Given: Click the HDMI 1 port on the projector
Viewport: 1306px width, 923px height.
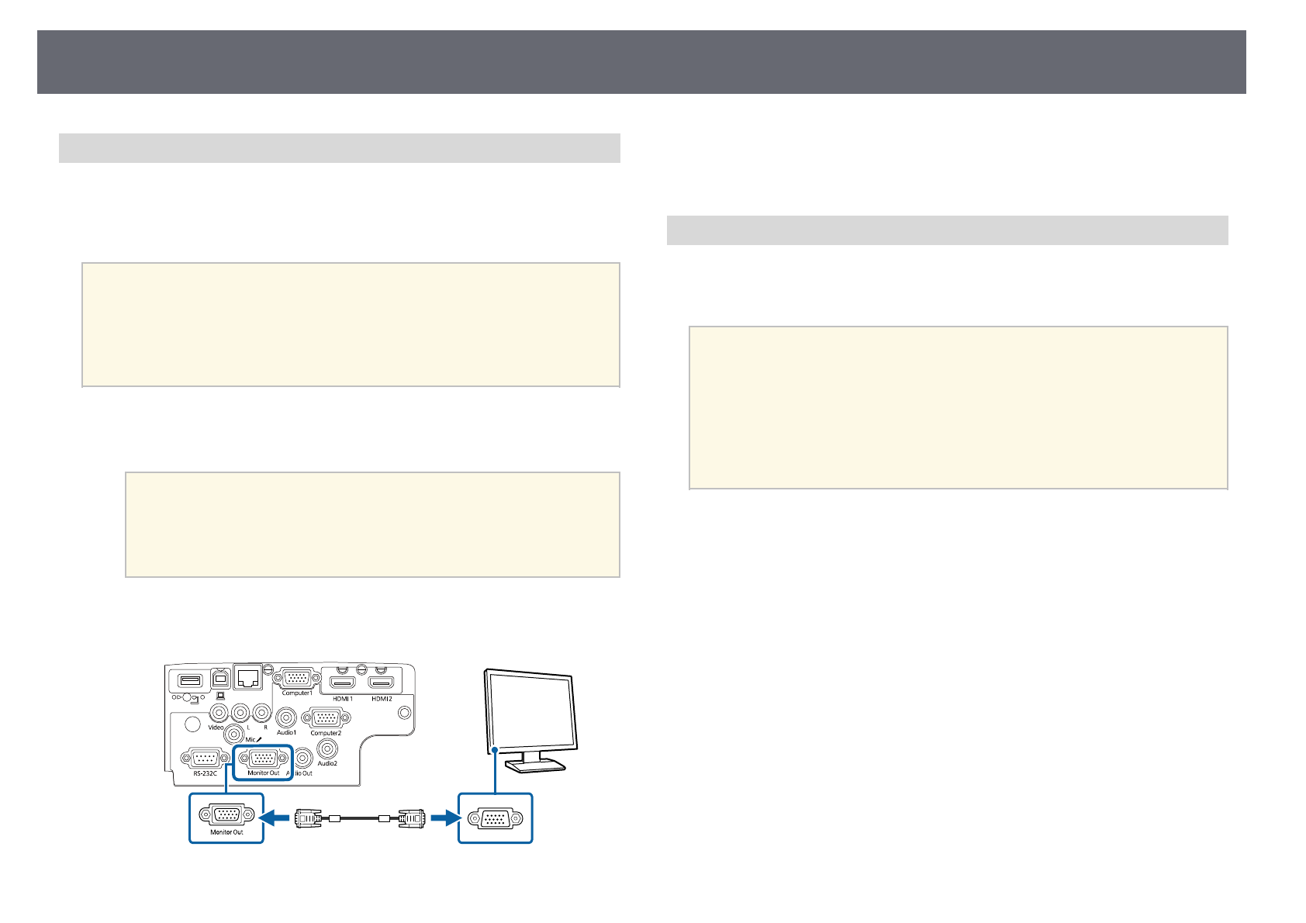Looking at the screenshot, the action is click(x=342, y=683).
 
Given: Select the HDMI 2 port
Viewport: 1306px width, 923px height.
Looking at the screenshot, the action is click(x=382, y=683).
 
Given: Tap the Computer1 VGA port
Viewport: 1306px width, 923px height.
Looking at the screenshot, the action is click(x=296, y=678).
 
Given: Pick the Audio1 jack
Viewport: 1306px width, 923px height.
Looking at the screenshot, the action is click(x=287, y=718).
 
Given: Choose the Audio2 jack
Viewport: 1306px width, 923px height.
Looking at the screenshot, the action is click(x=327, y=748).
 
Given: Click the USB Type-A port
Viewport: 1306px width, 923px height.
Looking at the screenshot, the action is click(x=190, y=680).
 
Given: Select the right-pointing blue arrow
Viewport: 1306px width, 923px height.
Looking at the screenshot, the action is click(x=443, y=817).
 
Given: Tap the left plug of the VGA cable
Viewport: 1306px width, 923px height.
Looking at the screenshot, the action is click(x=309, y=817).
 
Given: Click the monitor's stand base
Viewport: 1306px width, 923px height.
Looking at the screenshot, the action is click(x=535, y=766).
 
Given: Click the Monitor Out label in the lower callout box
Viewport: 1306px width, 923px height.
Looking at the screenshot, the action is click(x=227, y=832).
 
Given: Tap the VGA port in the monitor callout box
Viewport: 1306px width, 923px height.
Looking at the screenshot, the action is click(x=495, y=818).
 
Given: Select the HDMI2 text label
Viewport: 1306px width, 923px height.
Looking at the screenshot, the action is click(x=382, y=699).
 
